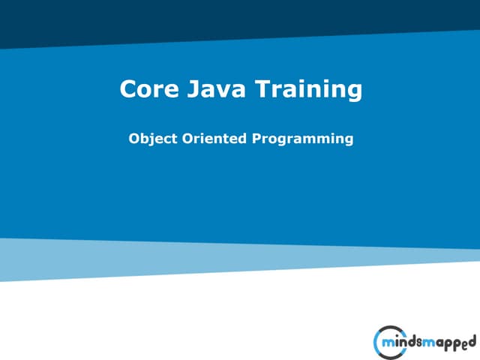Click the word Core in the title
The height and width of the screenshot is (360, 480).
point(145,90)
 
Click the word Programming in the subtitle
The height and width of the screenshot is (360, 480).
point(302,139)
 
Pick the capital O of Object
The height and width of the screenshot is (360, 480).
point(135,138)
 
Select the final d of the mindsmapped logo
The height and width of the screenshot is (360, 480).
point(472,343)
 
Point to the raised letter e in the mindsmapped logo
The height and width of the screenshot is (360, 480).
point(464,342)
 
